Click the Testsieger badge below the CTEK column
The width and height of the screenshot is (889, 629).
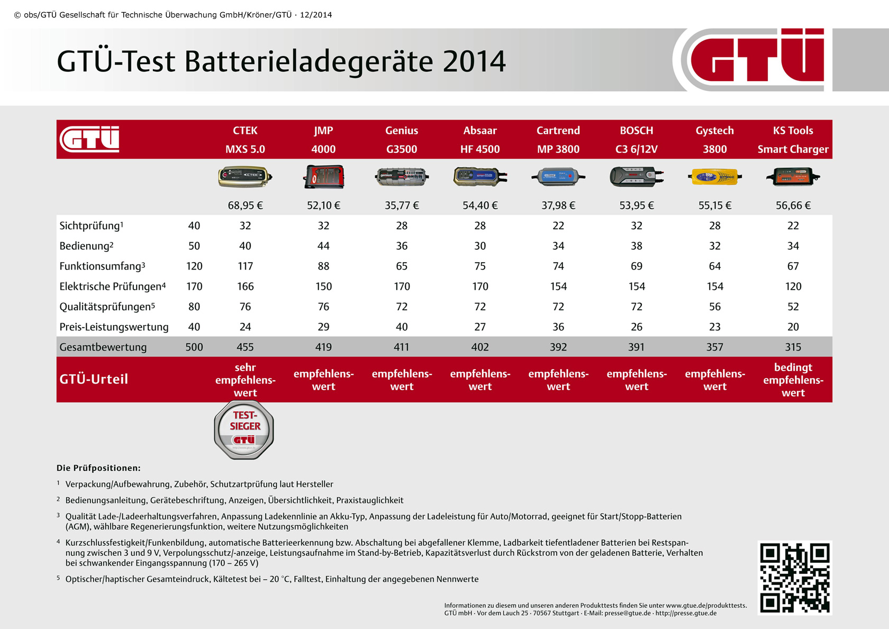[244, 429]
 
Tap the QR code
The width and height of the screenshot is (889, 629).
[794, 578]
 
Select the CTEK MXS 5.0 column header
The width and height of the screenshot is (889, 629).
[245, 140]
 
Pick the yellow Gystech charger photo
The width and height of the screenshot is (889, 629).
[714, 177]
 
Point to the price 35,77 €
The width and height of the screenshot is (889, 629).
[402, 205]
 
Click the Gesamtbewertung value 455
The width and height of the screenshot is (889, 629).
[245, 347]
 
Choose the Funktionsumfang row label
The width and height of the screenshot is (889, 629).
[102, 266]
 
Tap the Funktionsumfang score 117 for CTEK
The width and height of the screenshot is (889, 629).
[245, 266]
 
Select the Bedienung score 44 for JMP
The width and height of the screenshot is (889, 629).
[323, 246]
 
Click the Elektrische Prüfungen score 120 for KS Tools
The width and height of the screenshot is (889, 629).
[793, 286]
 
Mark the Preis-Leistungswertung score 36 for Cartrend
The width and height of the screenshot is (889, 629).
[558, 327]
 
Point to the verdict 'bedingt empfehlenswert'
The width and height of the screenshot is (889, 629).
[793, 380]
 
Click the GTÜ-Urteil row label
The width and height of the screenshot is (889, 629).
[94, 379]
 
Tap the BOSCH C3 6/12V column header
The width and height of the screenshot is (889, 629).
[637, 140]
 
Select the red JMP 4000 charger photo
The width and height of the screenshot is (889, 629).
[324, 177]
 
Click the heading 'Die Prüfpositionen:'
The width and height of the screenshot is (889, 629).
[98, 468]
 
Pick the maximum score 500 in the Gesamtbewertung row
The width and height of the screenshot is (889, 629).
[194, 347]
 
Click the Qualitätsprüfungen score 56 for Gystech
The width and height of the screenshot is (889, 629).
[714, 307]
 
